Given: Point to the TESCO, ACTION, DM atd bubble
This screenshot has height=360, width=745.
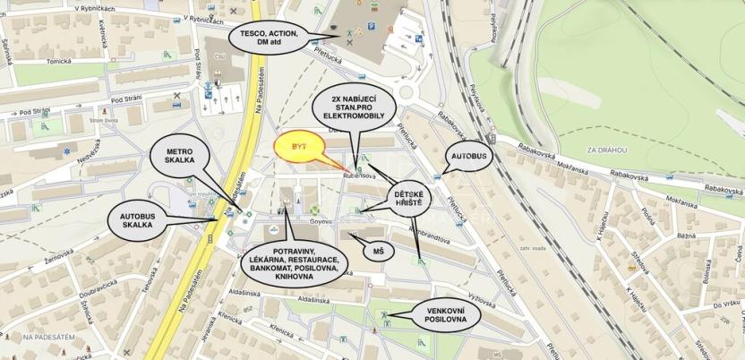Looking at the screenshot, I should (270, 39).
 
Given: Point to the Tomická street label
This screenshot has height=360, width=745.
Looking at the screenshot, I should (60, 61).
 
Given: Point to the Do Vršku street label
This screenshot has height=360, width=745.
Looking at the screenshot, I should (726, 304).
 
